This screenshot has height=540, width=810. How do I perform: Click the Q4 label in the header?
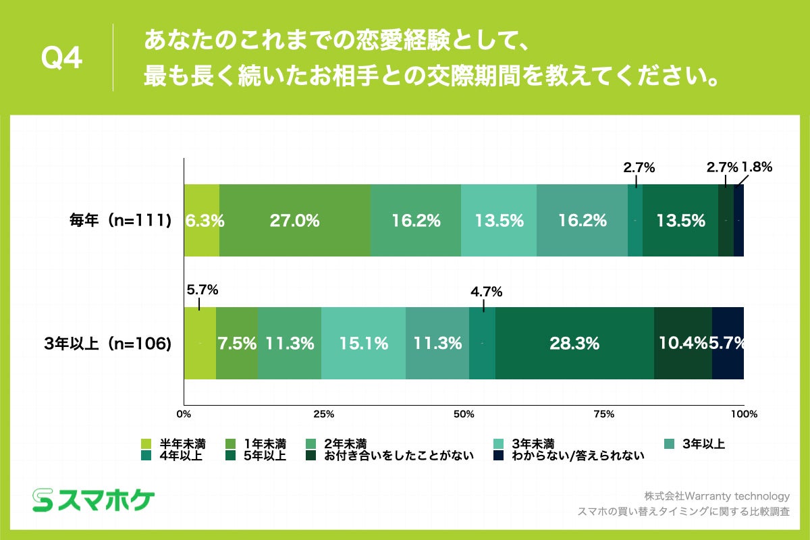click(x=61, y=59)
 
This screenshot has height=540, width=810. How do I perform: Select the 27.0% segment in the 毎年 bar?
click(x=295, y=221)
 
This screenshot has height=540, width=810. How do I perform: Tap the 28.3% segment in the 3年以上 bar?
click(x=574, y=344)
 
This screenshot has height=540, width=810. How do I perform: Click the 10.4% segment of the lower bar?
click(x=683, y=344)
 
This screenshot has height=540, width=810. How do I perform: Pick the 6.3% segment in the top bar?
click(x=202, y=221)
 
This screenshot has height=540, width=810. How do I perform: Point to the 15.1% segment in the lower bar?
click(x=363, y=344)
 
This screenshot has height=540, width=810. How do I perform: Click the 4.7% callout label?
click(x=486, y=292)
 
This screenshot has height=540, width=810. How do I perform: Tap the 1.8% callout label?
click(x=757, y=167)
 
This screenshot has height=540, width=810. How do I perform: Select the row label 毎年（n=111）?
click(x=121, y=221)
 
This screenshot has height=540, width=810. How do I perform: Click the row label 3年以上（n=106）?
click(x=108, y=344)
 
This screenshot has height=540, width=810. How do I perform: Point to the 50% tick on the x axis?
click(x=464, y=413)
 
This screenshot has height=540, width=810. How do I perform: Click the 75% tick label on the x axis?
click(x=603, y=413)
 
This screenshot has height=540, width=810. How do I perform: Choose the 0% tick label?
click(x=184, y=413)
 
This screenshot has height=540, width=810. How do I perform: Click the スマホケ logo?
click(x=94, y=500)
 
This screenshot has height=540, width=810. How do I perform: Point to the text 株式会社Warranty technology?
click(x=716, y=495)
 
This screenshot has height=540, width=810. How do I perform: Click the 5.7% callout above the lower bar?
click(x=199, y=290)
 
